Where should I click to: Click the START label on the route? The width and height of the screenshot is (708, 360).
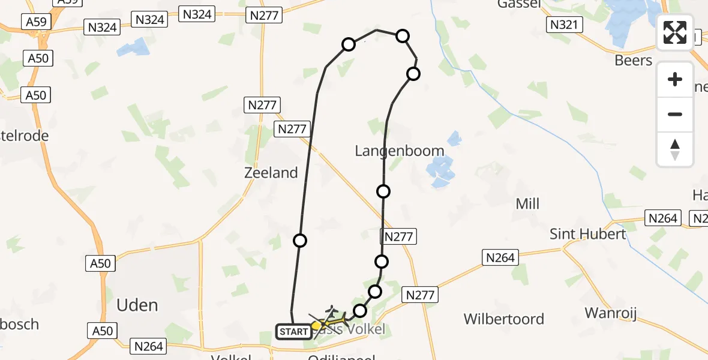tap(294, 331)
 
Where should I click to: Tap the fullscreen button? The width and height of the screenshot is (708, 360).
tap(675, 32)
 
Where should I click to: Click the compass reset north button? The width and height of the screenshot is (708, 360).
tap(675, 149)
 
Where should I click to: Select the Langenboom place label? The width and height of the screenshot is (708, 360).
tap(400, 151)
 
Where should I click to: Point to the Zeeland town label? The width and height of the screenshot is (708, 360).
tap(271, 173)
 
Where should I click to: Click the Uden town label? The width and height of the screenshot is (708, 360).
tap(138, 305)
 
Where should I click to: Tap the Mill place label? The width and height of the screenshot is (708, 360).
tap(527, 204)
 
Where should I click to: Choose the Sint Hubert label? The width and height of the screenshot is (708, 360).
tap(588, 234)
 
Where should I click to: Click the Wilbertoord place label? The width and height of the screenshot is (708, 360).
tap(503, 319)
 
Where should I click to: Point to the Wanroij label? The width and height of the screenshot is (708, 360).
tap(610, 313)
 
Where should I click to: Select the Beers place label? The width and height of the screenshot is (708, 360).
tap(633, 61)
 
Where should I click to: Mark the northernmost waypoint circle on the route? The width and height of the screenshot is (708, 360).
tap(403, 37)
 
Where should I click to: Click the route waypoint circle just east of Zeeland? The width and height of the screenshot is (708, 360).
tap(300, 241)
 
